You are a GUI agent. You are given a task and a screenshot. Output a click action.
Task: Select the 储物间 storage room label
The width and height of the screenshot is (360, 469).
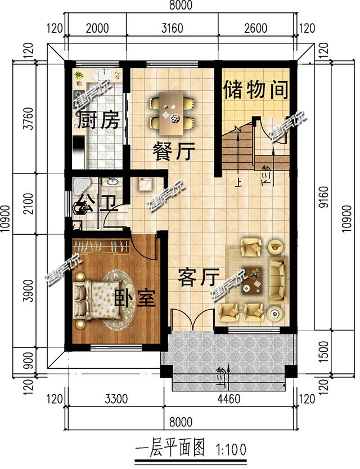click(256, 90)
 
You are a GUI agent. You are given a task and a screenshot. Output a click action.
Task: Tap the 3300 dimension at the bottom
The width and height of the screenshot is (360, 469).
click(117, 400)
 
